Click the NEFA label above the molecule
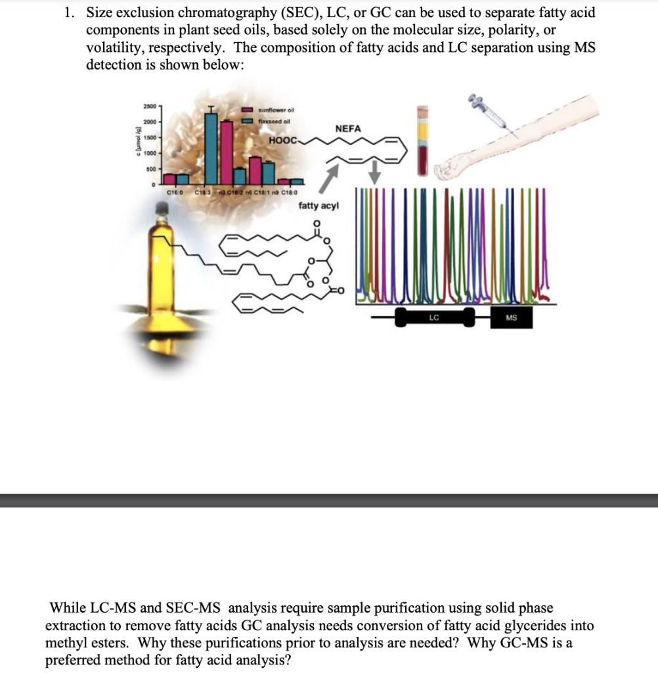pos(348,129)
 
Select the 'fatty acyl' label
pos(318,206)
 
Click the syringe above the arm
pos(489,111)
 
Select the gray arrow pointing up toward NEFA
pos(332,175)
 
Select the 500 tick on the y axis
pos(150,169)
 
